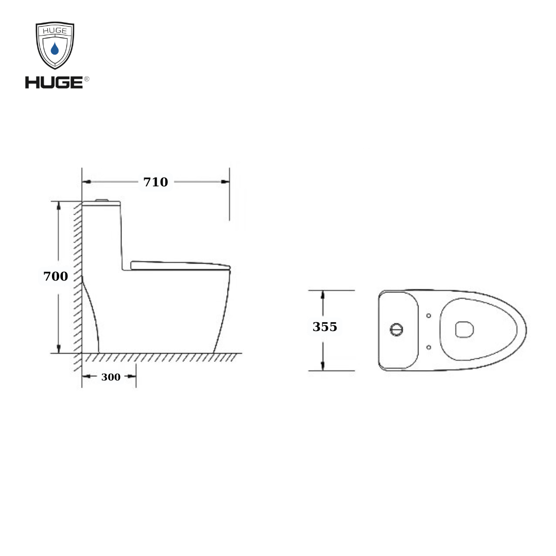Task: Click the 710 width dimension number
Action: point(155,182)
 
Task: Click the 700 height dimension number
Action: point(56,276)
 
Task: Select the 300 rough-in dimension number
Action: point(111,377)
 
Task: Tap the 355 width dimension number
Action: point(325,327)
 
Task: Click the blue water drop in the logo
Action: point(55,49)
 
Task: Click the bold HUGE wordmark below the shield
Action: point(54,82)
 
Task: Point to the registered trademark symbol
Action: point(86,79)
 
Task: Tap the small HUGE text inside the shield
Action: point(55,30)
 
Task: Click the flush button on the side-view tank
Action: point(102,199)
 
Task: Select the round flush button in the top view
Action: point(396,329)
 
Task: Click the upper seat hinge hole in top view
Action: point(429,315)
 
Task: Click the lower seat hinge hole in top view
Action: point(429,347)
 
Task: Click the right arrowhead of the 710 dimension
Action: point(225,182)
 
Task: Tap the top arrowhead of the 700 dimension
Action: point(59,205)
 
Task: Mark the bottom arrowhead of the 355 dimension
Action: point(323,366)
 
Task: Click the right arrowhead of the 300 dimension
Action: point(132,377)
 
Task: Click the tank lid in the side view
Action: point(101,204)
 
